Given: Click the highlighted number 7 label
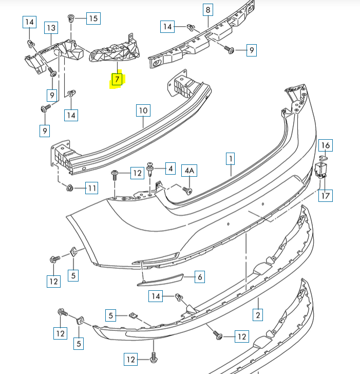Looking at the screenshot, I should [117, 79].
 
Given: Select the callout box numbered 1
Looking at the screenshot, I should [231, 159].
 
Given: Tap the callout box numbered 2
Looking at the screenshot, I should [258, 314].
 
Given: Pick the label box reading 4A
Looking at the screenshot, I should [190, 171].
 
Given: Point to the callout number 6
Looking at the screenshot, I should [200, 277].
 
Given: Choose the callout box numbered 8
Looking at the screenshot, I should [208, 9].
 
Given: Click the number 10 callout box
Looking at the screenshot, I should [143, 110].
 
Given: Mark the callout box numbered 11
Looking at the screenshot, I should [91, 188].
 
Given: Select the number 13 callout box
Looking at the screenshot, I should [51, 27].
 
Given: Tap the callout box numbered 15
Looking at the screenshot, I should [93, 18].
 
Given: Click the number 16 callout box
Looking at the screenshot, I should [326, 145].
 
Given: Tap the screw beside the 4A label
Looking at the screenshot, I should [188, 191].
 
